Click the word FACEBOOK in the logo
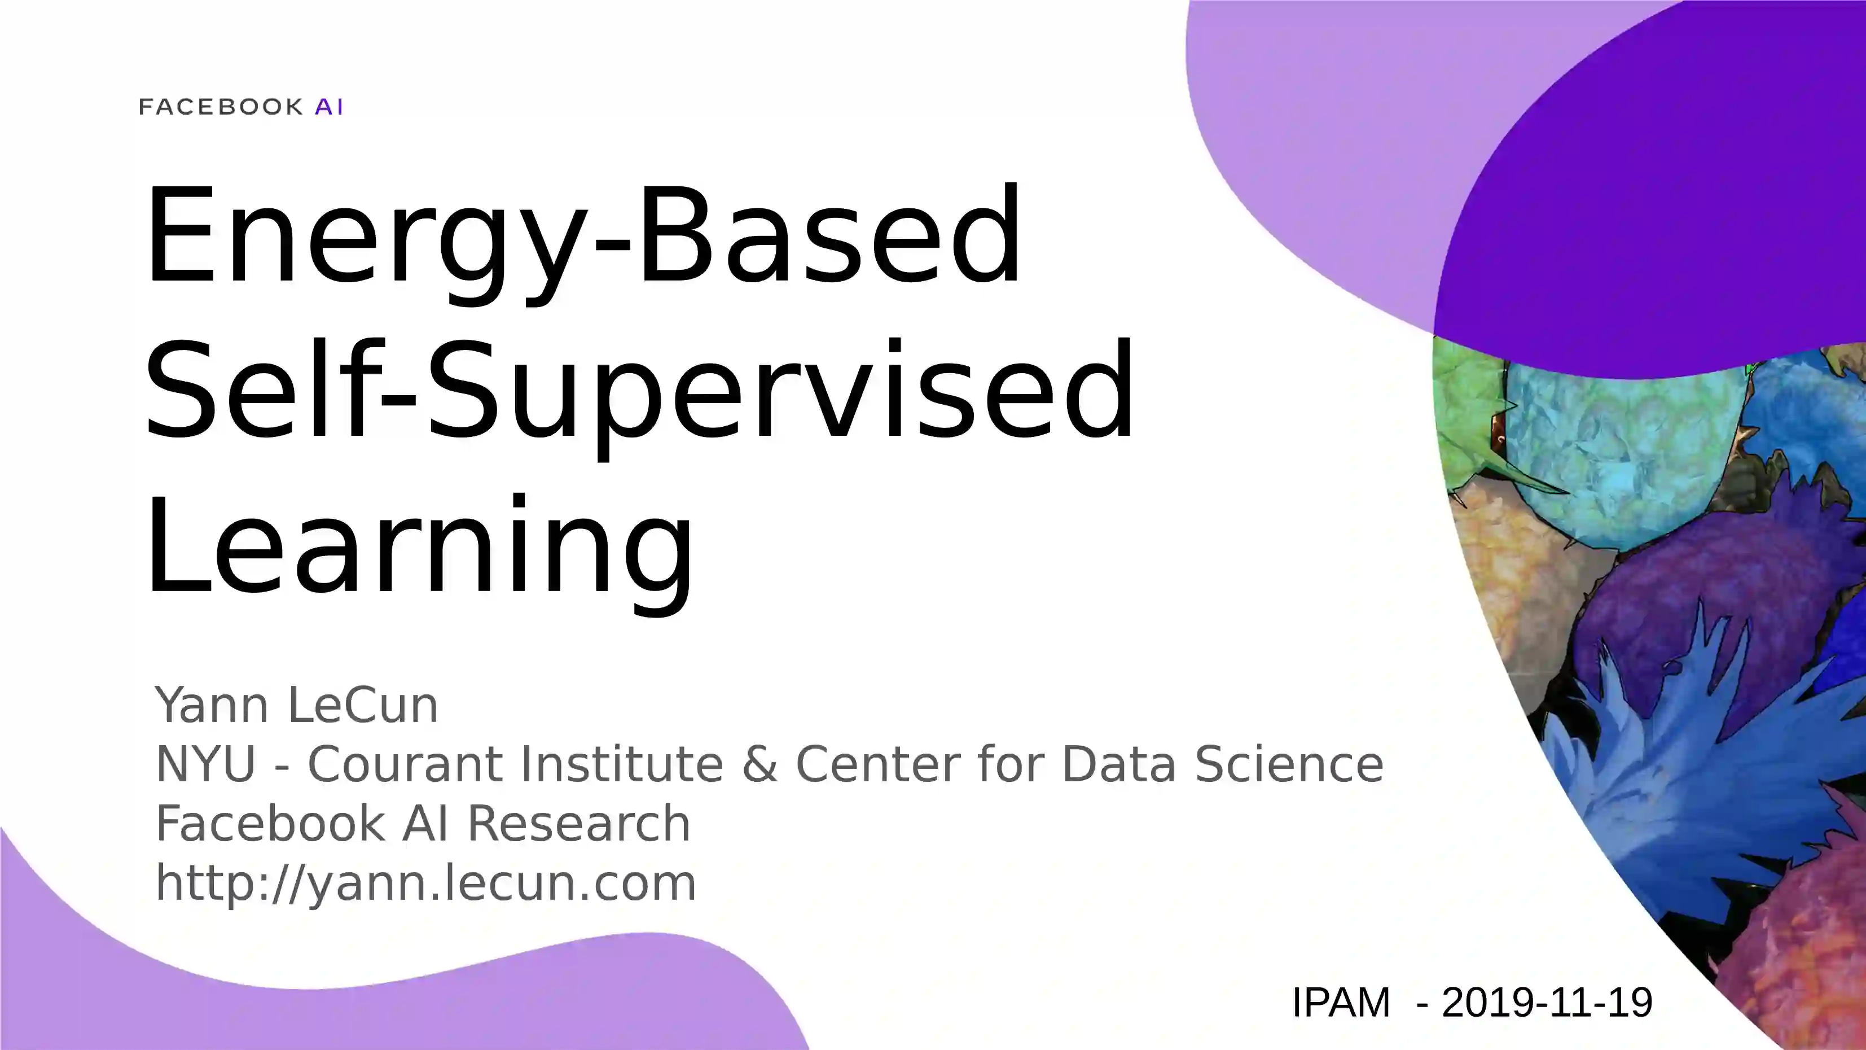click(x=221, y=107)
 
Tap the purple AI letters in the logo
click(x=330, y=107)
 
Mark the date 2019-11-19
click(x=1547, y=1003)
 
